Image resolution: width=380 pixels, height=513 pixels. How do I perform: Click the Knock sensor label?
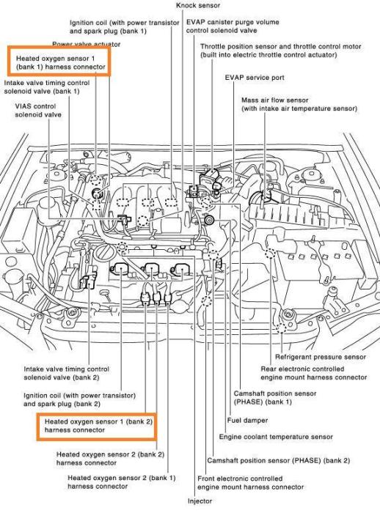(x=198, y=6)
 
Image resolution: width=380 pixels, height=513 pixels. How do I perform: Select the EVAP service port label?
(x=255, y=78)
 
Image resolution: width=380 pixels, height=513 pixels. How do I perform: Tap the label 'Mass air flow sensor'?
(x=275, y=100)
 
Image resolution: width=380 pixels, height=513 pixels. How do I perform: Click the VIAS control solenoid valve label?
(x=38, y=111)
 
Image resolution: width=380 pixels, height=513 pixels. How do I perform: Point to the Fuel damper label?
(x=247, y=421)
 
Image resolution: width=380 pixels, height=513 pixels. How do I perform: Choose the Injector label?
(x=200, y=501)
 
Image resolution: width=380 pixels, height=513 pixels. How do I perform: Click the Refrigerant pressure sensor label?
(x=321, y=357)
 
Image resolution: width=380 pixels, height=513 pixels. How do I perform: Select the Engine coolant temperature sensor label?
(x=276, y=437)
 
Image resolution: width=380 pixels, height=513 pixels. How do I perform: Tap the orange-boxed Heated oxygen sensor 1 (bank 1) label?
(x=61, y=62)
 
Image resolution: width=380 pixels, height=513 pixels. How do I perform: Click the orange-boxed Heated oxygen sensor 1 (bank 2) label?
(x=98, y=426)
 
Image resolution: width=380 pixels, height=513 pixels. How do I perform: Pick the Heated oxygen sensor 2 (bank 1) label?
(x=122, y=482)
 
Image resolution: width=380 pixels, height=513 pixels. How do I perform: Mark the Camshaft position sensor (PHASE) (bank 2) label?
(x=279, y=461)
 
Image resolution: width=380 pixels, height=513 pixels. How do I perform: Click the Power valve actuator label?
(x=86, y=44)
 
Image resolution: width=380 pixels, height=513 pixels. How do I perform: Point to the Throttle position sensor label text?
(x=281, y=51)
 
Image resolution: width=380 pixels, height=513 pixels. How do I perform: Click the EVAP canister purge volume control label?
(x=233, y=26)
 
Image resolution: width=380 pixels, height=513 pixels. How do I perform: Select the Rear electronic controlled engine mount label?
(x=314, y=373)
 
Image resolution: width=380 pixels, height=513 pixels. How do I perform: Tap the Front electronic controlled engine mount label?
(x=251, y=483)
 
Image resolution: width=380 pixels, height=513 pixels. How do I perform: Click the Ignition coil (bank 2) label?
(x=79, y=399)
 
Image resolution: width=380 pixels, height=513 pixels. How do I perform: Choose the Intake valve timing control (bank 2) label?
(x=67, y=373)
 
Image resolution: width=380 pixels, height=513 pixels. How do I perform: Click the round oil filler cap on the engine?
(x=105, y=252)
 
